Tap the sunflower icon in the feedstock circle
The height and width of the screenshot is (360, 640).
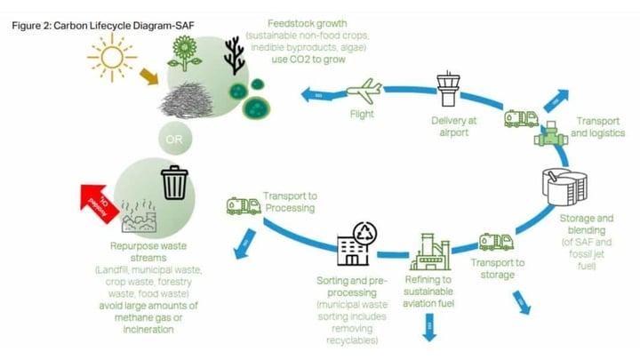click(x=187, y=54)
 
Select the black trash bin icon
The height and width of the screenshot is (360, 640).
click(x=173, y=183)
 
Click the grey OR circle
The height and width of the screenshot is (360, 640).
click(x=173, y=138)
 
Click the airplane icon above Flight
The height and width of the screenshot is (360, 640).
click(x=363, y=91)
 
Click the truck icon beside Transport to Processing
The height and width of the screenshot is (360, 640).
click(x=243, y=206)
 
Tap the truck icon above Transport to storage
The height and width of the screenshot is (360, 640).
click(x=496, y=242)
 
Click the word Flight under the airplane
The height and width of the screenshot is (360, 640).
click(x=362, y=114)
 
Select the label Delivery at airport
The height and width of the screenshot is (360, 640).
click(x=453, y=126)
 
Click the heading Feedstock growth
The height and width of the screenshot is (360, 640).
click(x=308, y=22)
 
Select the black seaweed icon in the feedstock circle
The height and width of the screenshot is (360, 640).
click(x=234, y=54)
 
